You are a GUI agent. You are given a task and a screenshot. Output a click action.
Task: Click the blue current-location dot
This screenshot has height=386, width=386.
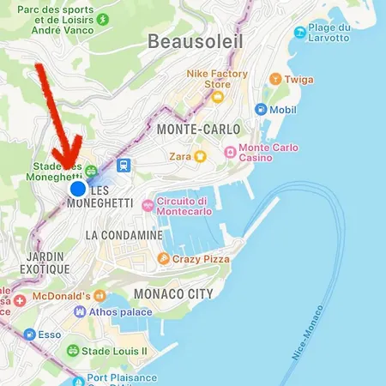click(78, 188)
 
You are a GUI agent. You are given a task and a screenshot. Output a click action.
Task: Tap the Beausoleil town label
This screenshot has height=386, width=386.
click(195, 41)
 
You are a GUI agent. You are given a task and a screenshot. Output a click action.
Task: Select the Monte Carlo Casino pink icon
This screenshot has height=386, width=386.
click(230, 151)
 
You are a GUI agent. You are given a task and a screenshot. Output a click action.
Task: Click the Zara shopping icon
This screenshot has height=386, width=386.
click(200, 156)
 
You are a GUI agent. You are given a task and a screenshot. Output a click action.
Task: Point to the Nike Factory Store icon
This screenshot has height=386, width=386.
click(217, 96)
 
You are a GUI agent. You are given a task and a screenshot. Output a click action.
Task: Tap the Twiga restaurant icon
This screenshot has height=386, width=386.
click(274, 78)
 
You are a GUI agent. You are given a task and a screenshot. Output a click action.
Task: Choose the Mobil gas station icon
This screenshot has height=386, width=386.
click(261, 110)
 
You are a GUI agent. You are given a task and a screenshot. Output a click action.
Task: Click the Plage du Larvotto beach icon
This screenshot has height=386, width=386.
click(299, 33)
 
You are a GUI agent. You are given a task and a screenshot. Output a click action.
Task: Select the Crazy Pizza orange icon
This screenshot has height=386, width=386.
click(163, 258)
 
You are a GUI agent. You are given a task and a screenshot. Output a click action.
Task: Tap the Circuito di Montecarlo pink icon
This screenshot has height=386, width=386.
click(148, 206)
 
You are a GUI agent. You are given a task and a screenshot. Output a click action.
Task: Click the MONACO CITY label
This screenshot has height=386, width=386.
click(173, 294)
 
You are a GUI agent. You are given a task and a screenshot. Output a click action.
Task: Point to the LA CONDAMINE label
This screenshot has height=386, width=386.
click(124, 234)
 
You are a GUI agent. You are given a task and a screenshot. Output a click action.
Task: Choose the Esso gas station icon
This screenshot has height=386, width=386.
click(30, 335)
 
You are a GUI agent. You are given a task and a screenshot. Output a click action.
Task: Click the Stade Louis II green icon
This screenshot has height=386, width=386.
click(73, 351)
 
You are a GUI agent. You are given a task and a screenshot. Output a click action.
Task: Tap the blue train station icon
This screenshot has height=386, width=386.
click(124, 166)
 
